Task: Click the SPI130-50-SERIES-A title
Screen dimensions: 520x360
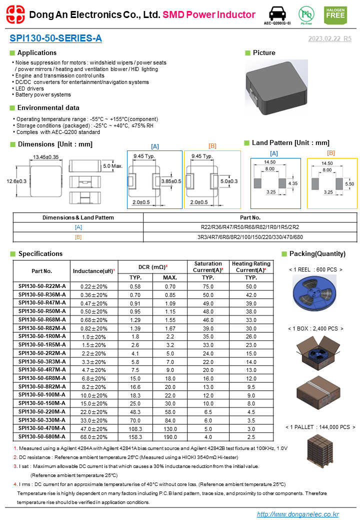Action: point(55,38)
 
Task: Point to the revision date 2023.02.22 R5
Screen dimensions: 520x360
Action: point(329,38)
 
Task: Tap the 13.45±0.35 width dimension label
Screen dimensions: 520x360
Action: point(45,157)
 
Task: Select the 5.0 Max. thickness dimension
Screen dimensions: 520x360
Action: point(112,165)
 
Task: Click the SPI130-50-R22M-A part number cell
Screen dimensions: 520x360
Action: point(41,286)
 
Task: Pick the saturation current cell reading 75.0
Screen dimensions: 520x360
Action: point(208,286)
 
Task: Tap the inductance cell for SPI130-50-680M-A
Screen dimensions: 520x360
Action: point(94,436)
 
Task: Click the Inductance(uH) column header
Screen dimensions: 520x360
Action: point(94,271)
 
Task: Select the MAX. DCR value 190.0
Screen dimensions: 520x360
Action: point(170,436)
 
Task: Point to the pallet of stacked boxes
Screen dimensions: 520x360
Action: point(320,448)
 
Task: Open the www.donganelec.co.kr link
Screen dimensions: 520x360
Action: point(297,514)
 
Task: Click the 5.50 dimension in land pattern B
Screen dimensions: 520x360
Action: point(349,184)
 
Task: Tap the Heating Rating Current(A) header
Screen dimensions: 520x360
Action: point(251,266)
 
